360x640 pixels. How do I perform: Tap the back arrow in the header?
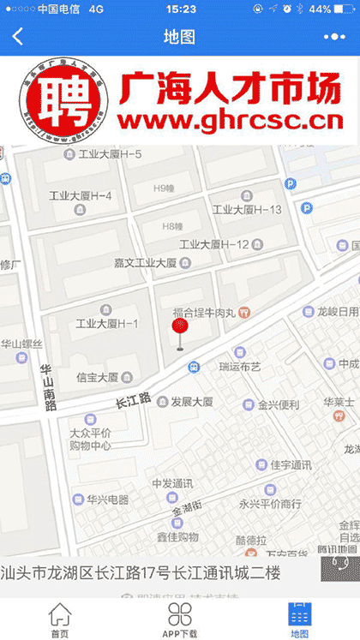18,37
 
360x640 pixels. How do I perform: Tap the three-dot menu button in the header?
333,37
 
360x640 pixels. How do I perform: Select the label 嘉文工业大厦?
145,262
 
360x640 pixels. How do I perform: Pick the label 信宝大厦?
97,377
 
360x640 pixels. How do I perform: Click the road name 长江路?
133,400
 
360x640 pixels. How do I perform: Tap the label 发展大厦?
191,401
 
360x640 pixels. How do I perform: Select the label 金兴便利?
279,404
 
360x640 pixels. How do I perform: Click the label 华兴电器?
107,499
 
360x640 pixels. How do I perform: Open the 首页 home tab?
59,619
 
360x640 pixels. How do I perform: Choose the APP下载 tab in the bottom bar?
180,619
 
